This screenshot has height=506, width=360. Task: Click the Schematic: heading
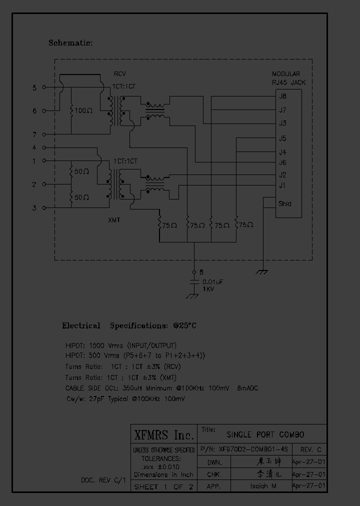[70, 43]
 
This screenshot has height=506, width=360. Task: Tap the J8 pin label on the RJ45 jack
[282, 96]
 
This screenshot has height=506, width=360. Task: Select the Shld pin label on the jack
[284, 204]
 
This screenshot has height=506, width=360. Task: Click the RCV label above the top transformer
[119, 74]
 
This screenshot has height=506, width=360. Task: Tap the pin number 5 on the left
[34, 88]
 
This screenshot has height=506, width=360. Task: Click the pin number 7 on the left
[34, 134]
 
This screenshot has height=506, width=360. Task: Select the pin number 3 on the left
[34, 208]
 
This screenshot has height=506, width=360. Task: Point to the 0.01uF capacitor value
[212, 282]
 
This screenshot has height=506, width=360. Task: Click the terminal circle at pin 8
[194, 272]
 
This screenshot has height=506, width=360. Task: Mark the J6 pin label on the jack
[282, 162]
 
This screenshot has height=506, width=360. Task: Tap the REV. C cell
[309, 449]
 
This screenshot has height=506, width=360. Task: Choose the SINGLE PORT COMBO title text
[265, 434]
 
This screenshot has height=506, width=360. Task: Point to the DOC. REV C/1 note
[102, 480]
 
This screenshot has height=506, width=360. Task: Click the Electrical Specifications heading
[129, 325]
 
